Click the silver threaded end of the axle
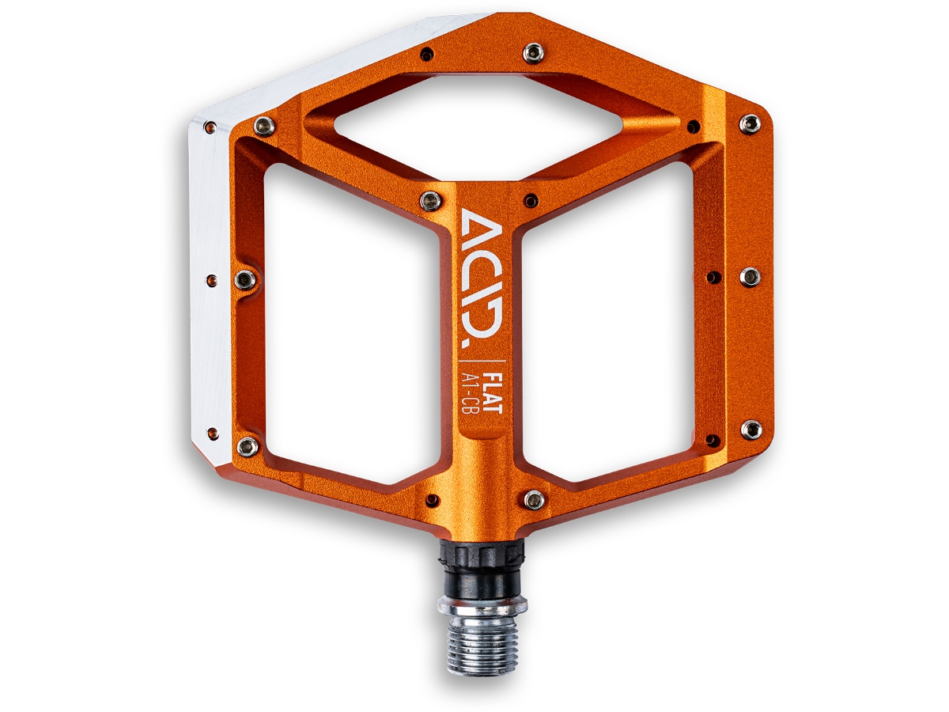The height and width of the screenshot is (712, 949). [x=482, y=635]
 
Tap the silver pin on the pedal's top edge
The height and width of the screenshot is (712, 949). [x=533, y=54]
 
